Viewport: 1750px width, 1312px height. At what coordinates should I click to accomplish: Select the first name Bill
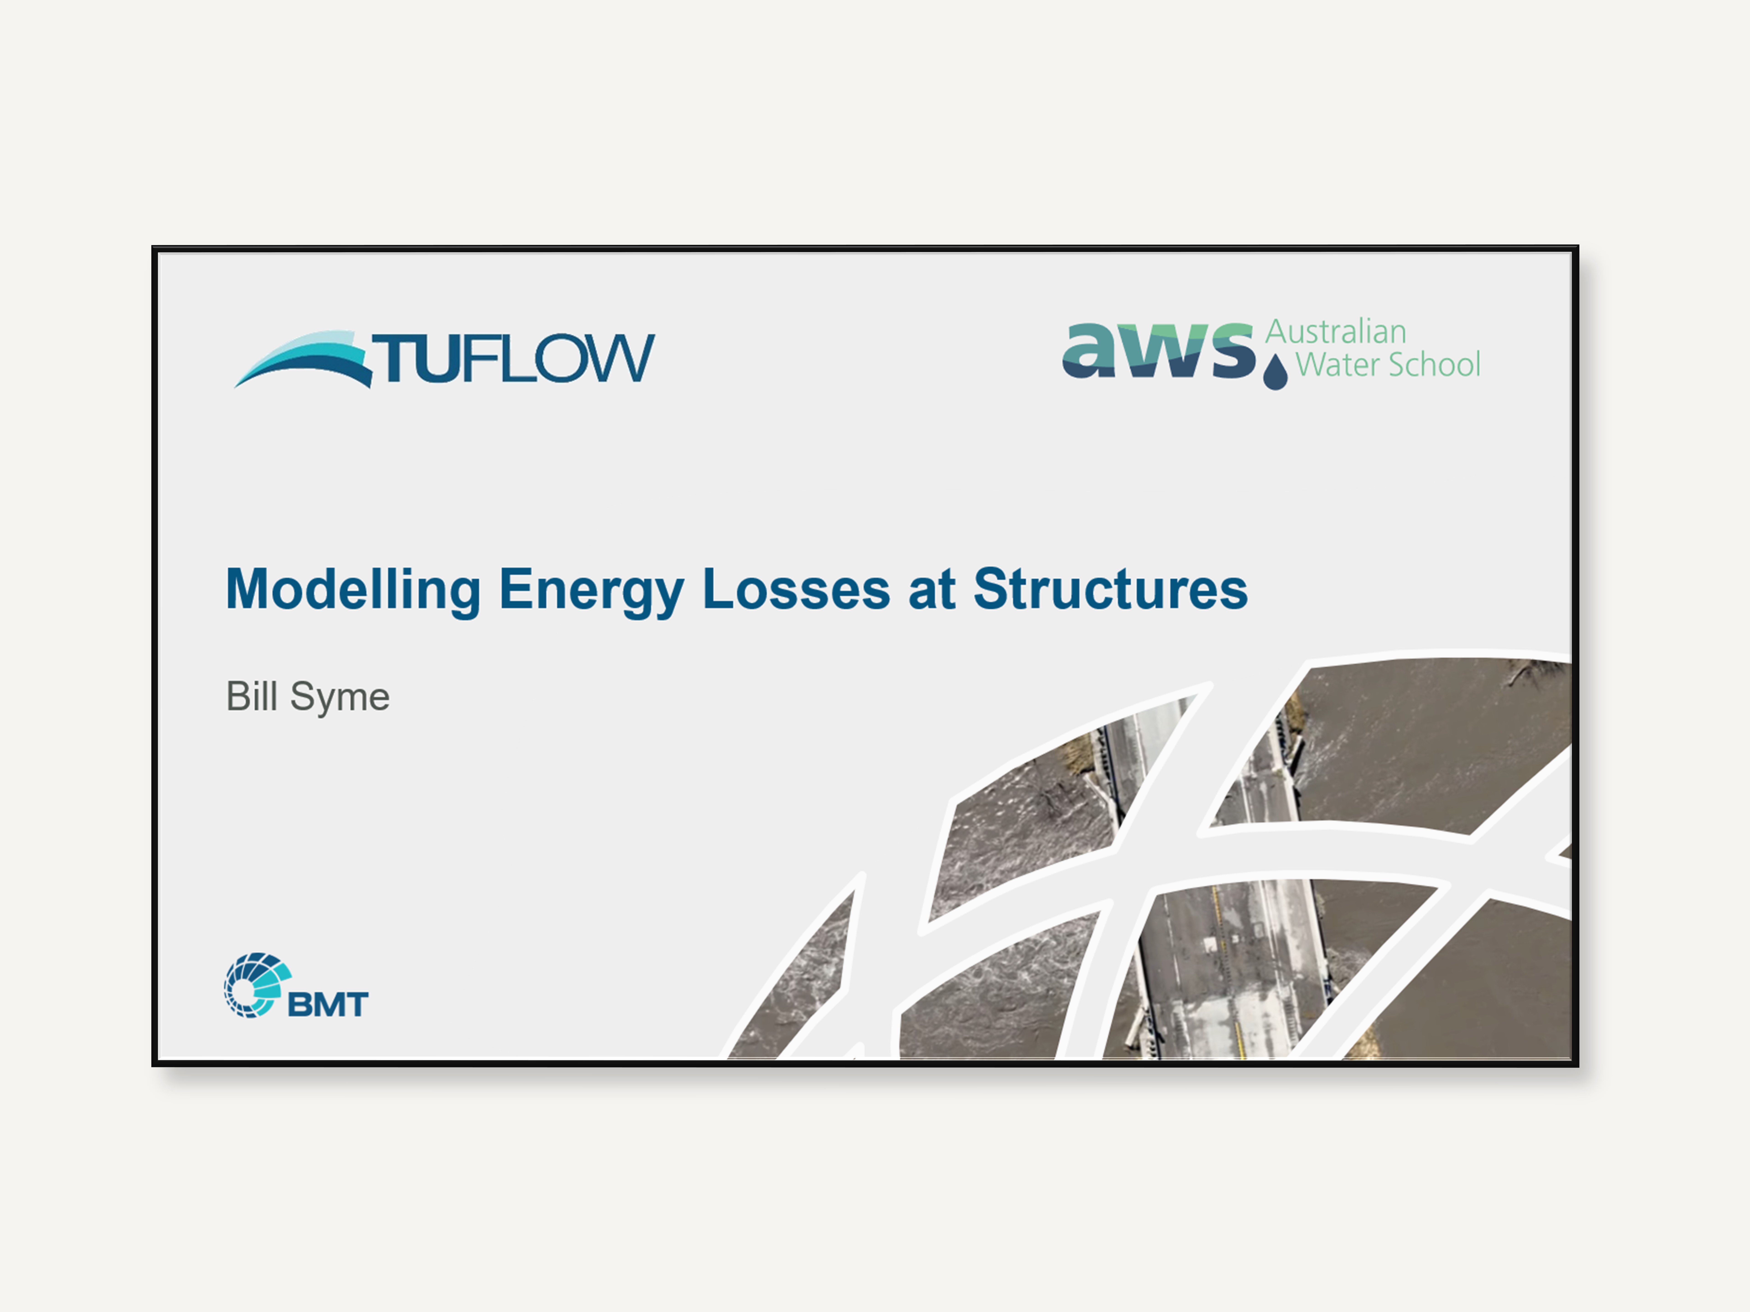(x=252, y=696)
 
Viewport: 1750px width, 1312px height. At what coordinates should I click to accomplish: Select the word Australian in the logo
(x=1336, y=332)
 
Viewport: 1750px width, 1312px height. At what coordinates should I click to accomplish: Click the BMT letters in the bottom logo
(x=327, y=1004)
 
